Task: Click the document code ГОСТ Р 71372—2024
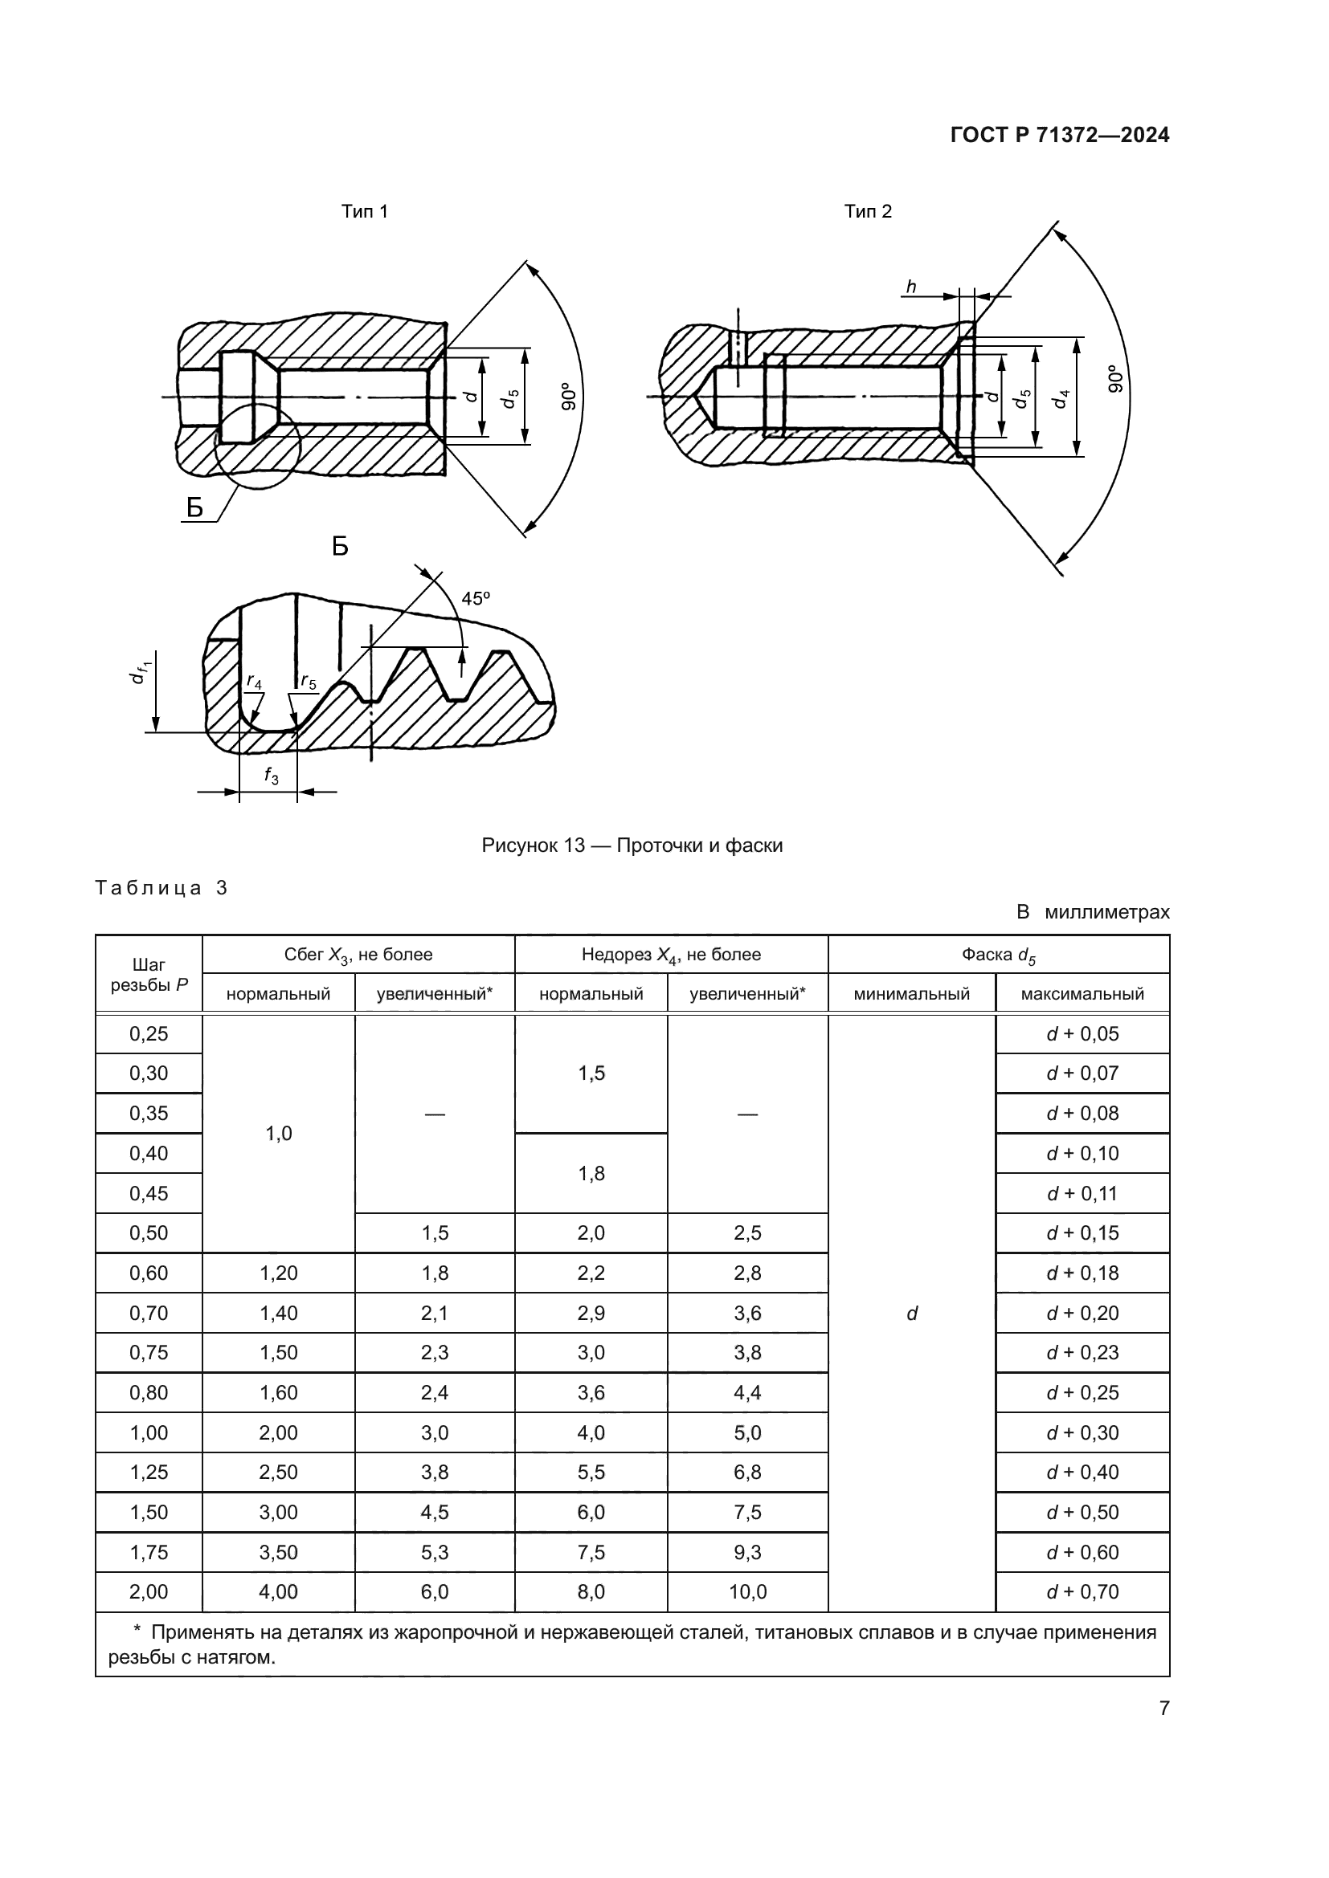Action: click(x=1059, y=136)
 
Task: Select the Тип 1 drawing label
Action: click(x=364, y=212)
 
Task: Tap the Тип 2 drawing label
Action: click(x=868, y=212)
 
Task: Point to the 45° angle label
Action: click(x=475, y=599)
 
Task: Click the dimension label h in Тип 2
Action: click(x=911, y=287)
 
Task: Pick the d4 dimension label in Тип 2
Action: click(x=1062, y=399)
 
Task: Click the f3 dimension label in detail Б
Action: click(x=271, y=776)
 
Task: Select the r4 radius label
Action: click(x=255, y=682)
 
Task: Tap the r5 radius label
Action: click(x=308, y=682)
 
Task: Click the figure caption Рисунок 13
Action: click(x=632, y=845)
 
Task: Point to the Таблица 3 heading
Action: click(x=162, y=888)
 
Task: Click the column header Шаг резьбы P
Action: click(x=149, y=975)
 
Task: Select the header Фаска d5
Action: click(x=999, y=955)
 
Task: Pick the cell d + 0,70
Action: click(x=1082, y=1591)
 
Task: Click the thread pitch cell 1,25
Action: click(x=149, y=1473)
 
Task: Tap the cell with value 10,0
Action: click(x=747, y=1591)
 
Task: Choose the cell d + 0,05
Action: click(x=1082, y=1034)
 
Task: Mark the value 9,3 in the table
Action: click(x=747, y=1553)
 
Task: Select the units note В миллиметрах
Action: click(x=1093, y=912)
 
